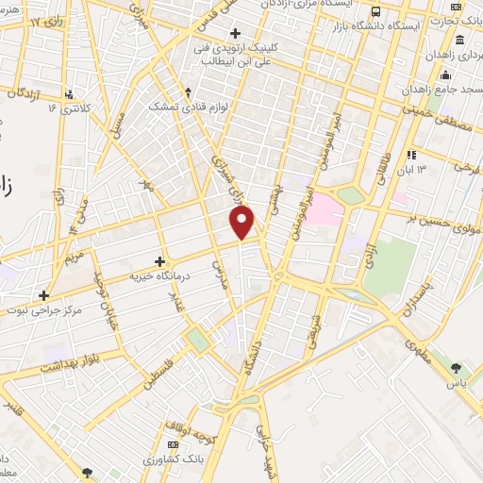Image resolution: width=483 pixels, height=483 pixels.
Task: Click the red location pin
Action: click(x=243, y=222)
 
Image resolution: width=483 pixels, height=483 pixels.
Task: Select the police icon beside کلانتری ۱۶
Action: click(x=69, y=94)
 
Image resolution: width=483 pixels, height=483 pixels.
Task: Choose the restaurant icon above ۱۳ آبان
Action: click(x=411, y=155)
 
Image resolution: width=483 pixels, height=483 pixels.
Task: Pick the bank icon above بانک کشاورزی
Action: click(x=172, y=444)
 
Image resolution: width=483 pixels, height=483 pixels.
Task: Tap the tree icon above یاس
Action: click(x=457, y=368)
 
